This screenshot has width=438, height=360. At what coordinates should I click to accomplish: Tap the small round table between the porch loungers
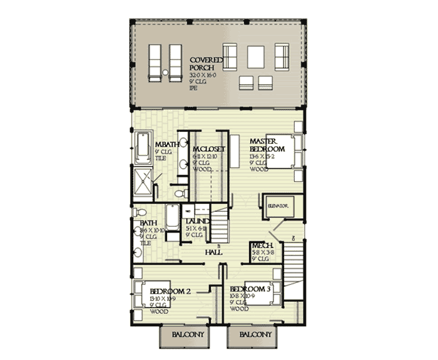(165, 75)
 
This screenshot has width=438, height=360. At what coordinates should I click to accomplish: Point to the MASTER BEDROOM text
(268, 146)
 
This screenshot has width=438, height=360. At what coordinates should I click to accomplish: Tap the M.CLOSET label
(208, 149)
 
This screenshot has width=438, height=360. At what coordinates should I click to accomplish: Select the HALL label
(215, 252)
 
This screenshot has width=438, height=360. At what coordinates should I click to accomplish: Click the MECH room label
(260, 246)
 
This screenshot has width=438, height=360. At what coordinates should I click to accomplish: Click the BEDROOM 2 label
(170, 291)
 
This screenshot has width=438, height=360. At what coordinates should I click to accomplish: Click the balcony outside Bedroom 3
(255, 336)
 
